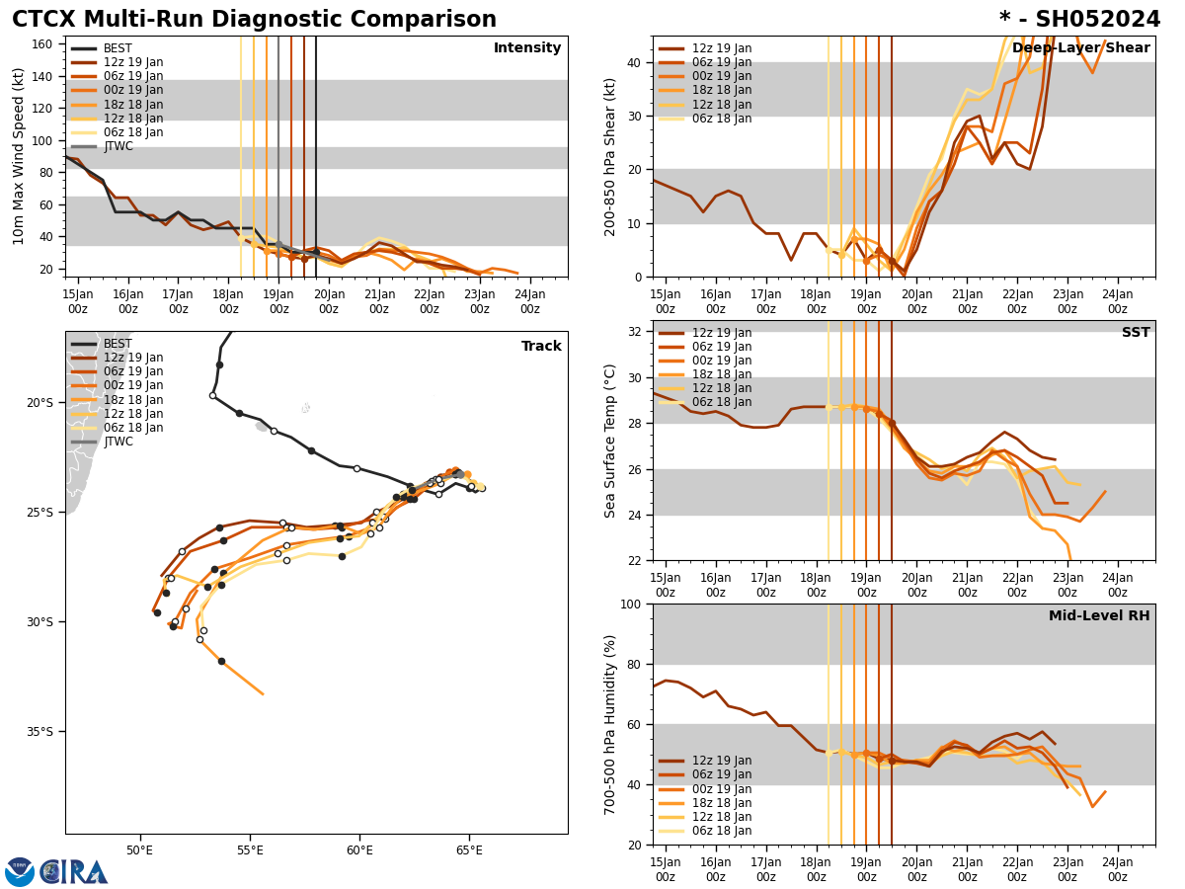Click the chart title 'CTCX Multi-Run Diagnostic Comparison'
click(x=254, y=20)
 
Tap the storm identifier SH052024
click(x=1079, y=20)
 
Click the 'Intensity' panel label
click(x=527, y=48)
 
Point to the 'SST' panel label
click(x=1136, y=333)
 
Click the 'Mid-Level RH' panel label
click(x=1099, y=616)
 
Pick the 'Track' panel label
click(x=541, y=347)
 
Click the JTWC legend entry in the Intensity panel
click(x=118, y=147)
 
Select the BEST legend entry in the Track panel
click(x=118, y=344)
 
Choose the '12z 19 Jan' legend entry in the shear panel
click(x=722, y=48)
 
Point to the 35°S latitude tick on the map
click(x=40, y=732)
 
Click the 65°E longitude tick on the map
click(x=469, y=851)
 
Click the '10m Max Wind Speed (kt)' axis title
click(x=19, y=156)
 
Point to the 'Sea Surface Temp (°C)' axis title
click(x=610, y=441)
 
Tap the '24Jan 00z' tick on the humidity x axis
click(x=1117, y=869)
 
